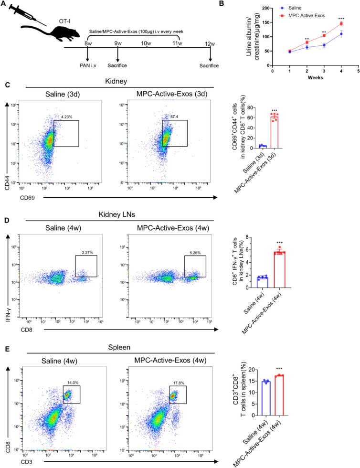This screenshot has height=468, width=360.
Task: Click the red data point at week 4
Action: (x=341, y=23)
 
